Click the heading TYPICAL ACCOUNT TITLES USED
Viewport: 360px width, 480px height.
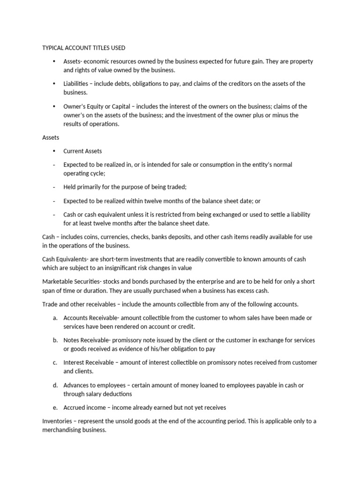point(84,48)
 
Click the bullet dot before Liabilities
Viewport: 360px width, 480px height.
point(54,83)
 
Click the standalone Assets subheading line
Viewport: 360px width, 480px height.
point(51,137)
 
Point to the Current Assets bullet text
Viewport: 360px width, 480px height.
point(82,151)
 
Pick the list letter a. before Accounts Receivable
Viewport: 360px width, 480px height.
point(55,318)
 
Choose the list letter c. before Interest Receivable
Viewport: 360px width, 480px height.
point(55,362)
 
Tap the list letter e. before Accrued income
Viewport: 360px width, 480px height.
point(55,407)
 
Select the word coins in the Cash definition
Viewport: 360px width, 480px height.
point(96,237)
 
